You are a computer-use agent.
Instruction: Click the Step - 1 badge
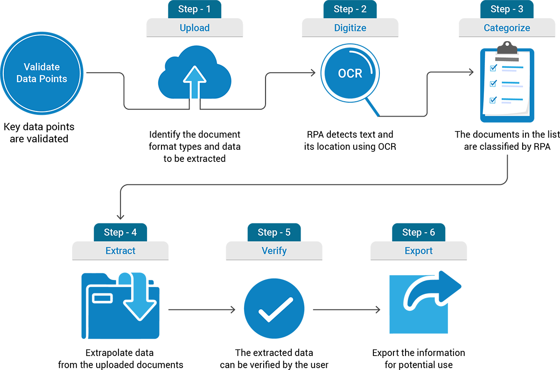point(195,9)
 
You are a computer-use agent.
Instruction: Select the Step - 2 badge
point(350,9)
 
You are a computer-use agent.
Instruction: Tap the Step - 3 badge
point(507,9)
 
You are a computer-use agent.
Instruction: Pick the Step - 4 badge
point(120,232)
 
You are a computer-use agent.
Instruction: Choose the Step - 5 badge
point(274,232)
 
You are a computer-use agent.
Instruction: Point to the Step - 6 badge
point(419,232)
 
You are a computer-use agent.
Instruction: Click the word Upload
point(195,28)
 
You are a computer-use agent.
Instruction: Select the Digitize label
point(350,28)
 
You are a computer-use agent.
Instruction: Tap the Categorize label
point(507,28)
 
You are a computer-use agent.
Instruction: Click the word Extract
point(120,251)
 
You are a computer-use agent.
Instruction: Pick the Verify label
point(274,251)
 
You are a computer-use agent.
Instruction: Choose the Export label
point(419,251)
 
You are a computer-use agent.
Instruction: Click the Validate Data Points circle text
point(42,73)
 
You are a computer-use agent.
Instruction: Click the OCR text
point(350,74)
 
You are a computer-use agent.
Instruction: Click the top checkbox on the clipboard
point(493,69)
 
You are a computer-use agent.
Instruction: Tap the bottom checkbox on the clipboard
point(493,100)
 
